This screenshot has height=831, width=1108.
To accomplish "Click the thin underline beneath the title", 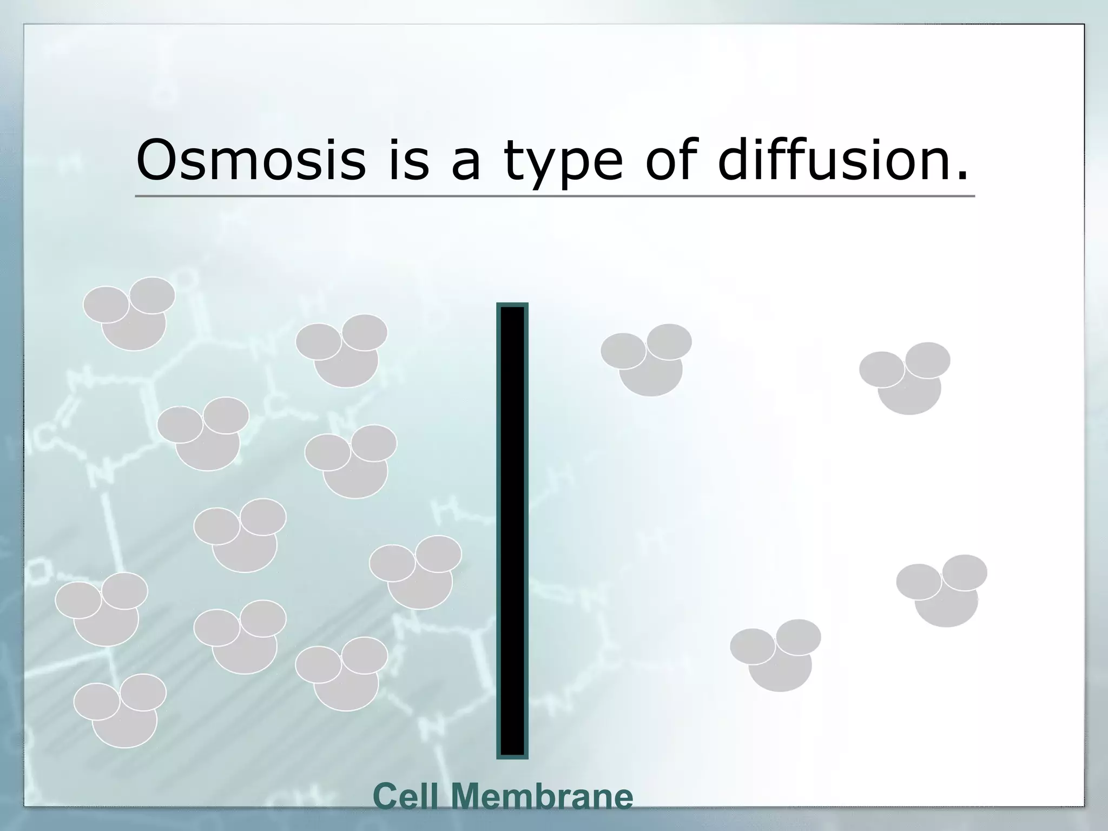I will (x=555, y=196).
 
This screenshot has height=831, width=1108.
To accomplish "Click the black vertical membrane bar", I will (x=512, y=530).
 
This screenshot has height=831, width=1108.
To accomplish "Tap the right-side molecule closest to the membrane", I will (x=647, y=360).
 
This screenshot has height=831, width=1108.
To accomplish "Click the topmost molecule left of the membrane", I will (x=130, y=314).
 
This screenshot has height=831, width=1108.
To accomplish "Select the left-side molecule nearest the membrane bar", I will (x=417, y=572).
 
